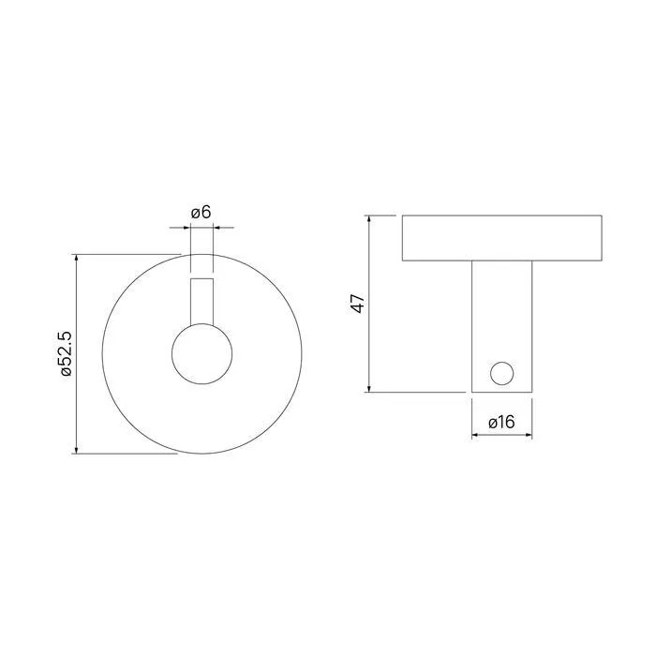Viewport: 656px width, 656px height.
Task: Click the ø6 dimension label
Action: pos(201,213)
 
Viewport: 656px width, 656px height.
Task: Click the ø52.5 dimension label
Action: pos(67,354)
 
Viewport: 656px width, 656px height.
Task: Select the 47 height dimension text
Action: pos(358,304)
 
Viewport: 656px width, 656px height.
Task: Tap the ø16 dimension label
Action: pos(501,422)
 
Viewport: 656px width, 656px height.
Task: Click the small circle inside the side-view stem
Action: pos(502,374)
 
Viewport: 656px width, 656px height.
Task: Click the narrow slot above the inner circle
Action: pos(202,301)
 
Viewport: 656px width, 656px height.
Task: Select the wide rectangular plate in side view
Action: pos(502,238)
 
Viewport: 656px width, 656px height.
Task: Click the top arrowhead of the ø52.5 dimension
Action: pos(76,258)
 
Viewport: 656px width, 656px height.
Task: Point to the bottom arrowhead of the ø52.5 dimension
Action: pos(76,450)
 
